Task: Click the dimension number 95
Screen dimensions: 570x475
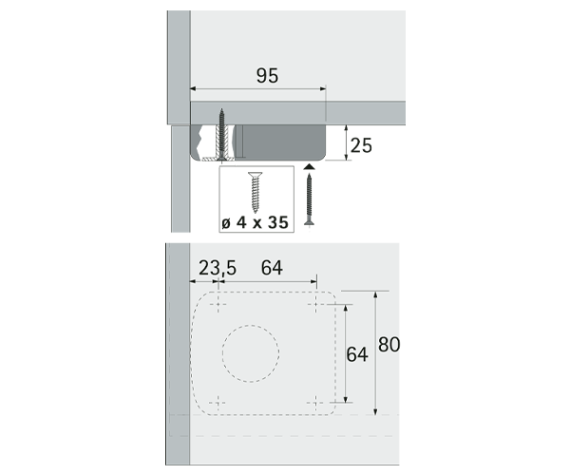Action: click(268, 76)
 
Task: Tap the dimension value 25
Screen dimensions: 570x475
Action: click(361, 145)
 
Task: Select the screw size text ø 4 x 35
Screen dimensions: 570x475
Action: click(255, 222)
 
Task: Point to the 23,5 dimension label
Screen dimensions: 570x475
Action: click(217, 268)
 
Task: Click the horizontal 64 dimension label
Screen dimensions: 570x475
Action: click(272, 268)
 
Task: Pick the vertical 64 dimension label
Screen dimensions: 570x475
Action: click(357, 354)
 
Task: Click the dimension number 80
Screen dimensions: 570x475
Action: click(389, 345)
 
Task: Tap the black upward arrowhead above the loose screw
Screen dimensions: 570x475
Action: click(309, 167)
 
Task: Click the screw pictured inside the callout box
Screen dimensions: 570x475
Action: click(256, 192)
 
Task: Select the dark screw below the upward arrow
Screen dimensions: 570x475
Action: click(310, 199)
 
